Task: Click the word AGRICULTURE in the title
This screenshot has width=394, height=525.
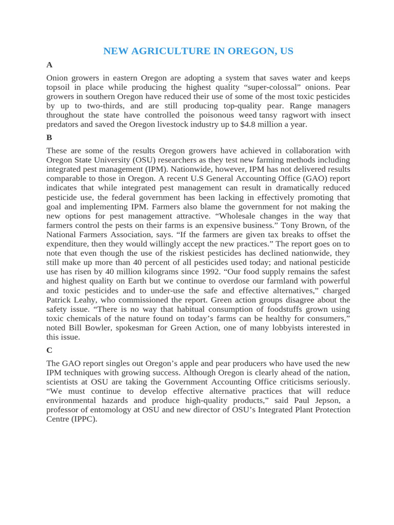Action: click(168, 51)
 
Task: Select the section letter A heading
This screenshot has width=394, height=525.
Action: click(49, 65)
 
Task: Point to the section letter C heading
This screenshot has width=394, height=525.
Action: click(49, 350)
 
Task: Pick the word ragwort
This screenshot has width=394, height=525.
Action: click(295, 115)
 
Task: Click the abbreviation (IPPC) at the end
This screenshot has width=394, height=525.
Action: click(84, 419)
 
